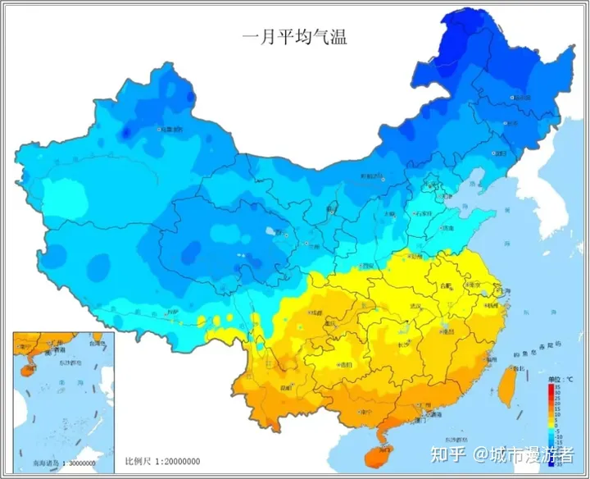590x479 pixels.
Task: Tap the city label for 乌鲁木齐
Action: click(x=171, y=129)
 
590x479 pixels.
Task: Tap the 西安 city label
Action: click(x=366, y=266)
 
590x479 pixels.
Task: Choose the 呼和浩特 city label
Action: click(x=372, y=176)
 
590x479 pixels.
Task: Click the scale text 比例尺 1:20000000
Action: click(x=163, y=462)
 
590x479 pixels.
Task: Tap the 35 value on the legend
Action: click(x=557, y=385)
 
